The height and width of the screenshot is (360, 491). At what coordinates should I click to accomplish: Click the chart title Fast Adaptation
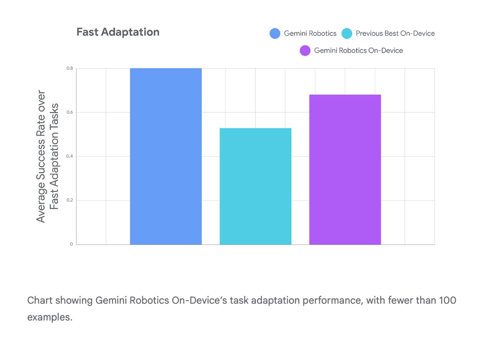(x=118, y=32)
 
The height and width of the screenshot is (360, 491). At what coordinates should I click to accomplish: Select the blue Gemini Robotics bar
(x=166, y=156)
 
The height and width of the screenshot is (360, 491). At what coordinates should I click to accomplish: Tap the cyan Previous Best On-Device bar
(x=255, y=186)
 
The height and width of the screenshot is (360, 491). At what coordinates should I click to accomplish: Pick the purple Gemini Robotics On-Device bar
(x=345, y=169)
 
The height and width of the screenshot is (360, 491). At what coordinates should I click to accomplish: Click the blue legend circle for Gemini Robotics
(x=275, y=34)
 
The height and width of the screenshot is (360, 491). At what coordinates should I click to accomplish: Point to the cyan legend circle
(x=347, y=34)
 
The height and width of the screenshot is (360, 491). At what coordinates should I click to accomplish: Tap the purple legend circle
(x=305, y=51)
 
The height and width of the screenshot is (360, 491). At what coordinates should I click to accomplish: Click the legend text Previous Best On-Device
(x=395, y=34)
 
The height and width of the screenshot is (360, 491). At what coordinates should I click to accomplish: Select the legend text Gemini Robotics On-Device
(x=358, y=51)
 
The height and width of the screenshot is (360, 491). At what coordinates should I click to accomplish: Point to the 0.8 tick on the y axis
(x=69, y=68)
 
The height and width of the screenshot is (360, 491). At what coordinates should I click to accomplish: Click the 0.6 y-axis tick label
(x=69, y=112)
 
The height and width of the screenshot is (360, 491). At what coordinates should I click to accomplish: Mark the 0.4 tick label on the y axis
(x=69, y=157)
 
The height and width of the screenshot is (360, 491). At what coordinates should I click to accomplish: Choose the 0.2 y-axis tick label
(x=69, y=200)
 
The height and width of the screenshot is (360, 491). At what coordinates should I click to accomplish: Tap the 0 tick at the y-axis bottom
(x=71, y=244)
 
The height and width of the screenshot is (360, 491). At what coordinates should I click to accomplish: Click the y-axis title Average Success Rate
(x=41, y=156)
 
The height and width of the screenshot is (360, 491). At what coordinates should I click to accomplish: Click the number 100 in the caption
(x=447, y=300)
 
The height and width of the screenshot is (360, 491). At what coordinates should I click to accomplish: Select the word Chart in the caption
(x=40, y=300)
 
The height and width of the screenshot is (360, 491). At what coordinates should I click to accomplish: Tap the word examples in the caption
(x=49, y=317)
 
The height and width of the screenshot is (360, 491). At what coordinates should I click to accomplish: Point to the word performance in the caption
(x=332, y=300)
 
